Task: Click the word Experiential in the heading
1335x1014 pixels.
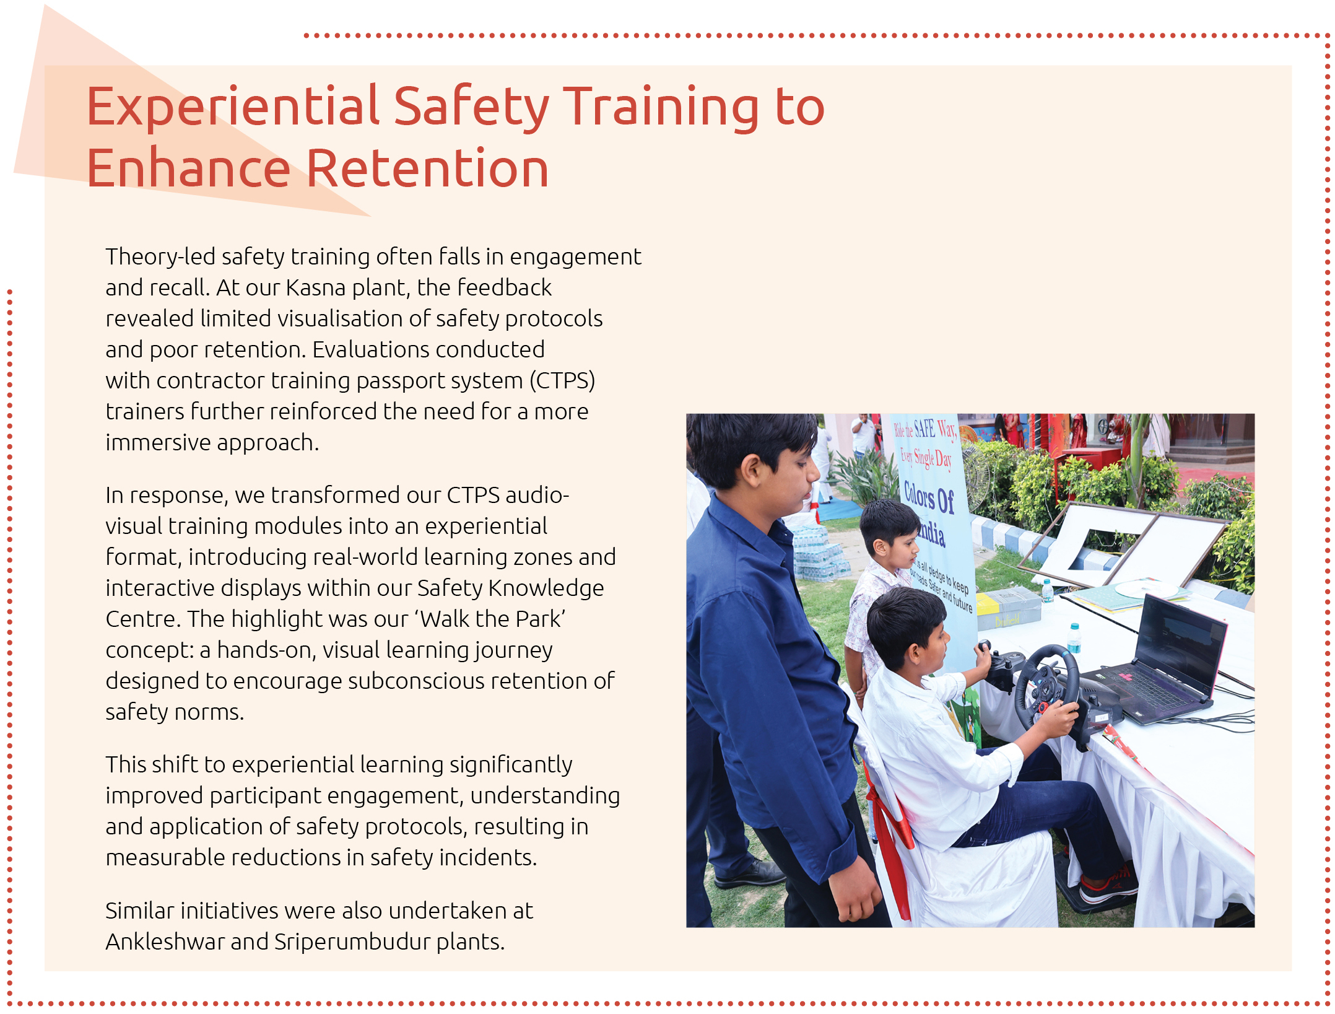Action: click(x=233, y=107)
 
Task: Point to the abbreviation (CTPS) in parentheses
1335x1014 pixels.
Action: click(x=562, y=381)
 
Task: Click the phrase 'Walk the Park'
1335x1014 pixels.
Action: click(x=492, y=619)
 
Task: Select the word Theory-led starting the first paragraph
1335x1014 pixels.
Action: click(x=160, y=257)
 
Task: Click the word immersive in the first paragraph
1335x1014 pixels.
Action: click(x=158, y=443)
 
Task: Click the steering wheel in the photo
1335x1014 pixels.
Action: click(x=1046, y=688)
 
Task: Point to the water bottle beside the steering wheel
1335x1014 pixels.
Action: click(x=1074, y=638)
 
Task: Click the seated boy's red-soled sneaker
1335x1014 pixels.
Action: click(x=1108, y=889)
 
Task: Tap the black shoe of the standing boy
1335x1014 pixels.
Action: click(x=749, y=873)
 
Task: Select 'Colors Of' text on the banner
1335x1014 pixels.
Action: click(x=929, y=499)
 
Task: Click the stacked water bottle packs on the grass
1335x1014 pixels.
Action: click(x=817, y=554)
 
